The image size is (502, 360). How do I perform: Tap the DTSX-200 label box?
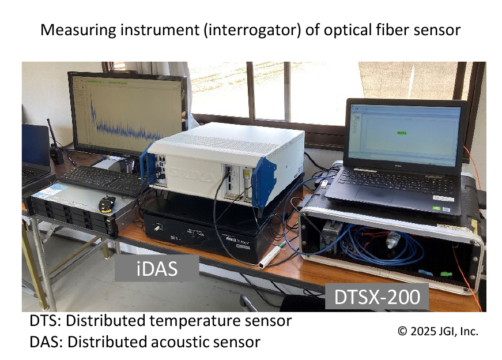pyautogui.click(x=378, y=297)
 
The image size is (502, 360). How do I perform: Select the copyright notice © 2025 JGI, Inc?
pyautogui.click(x=438, y=331)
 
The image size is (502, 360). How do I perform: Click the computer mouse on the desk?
pyautogui.click(x=107, y=202)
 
